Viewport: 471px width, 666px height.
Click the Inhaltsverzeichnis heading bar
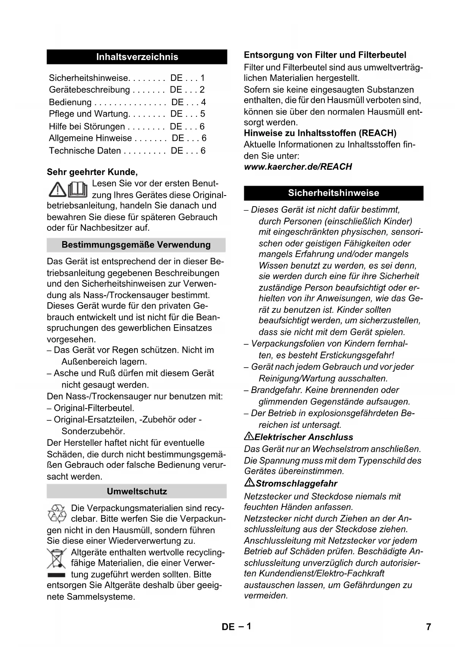click(x=137, y=57)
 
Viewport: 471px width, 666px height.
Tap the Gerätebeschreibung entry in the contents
click(x=90, y=90)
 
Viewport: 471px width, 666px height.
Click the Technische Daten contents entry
click(x=85, y=151)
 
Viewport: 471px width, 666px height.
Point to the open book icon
click(x=78, y=189)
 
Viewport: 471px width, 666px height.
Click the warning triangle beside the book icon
click(x=57, y=189)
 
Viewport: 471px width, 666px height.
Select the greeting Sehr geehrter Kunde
click(x=92, y=172)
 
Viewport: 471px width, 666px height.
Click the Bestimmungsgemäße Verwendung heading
click(x=136, y=245)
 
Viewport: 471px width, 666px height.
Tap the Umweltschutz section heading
click(x=137, y=491)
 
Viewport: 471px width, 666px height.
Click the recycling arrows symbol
click(x=57, y=513)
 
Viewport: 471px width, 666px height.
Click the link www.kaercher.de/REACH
click(x=298, y=167)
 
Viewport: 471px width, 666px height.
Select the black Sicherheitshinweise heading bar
click(x=333, y=193)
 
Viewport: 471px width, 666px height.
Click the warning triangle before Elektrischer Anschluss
click(x=249, y=436)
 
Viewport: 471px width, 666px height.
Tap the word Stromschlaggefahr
click(x=296, y=483)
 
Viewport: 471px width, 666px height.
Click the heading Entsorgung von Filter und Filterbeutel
click(x=325, y=55)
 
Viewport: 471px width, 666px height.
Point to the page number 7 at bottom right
click(x=428, y=627)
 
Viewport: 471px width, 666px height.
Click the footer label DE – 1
click(x=236, y=627)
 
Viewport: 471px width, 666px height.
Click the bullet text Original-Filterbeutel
click(x=94, y=408)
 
